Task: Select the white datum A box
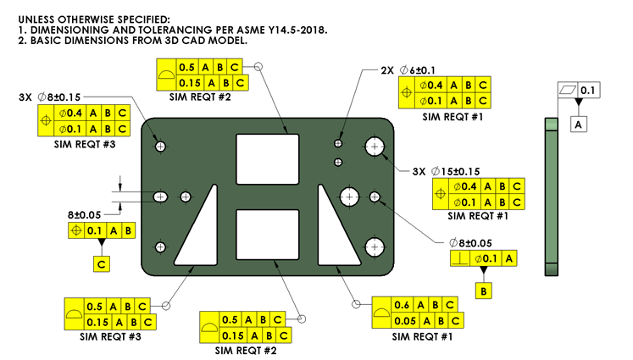click(579, 125)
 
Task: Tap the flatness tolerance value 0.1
click(587, 89)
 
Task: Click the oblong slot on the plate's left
click(161, 197)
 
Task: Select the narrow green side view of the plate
click(552, 196)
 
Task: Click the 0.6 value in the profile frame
click(403, 305)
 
